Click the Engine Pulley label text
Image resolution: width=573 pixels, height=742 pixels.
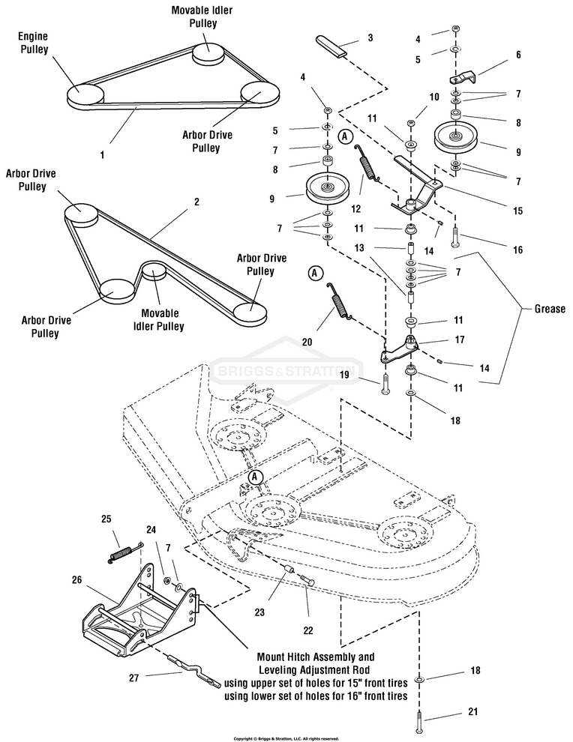(33, 43)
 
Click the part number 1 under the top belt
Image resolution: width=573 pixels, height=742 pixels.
(102, 154)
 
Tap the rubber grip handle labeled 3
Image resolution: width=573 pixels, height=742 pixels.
(332, 46)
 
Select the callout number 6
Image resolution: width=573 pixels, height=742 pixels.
(518, 55)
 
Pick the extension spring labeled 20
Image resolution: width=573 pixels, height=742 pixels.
(338, 301)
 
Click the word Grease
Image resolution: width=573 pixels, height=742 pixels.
(550, 309)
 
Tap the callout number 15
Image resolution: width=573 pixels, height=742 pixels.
(518, 211)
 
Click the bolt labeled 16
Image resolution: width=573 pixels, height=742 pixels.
(456, 236)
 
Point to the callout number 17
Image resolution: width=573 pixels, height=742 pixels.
(459, 340)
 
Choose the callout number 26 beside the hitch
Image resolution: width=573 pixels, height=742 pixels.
(76, 579)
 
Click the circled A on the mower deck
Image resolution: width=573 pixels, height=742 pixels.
(255, 477)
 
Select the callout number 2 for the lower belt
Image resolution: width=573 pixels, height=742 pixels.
(196, 202)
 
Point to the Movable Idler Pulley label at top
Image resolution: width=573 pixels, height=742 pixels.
(202, 16)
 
